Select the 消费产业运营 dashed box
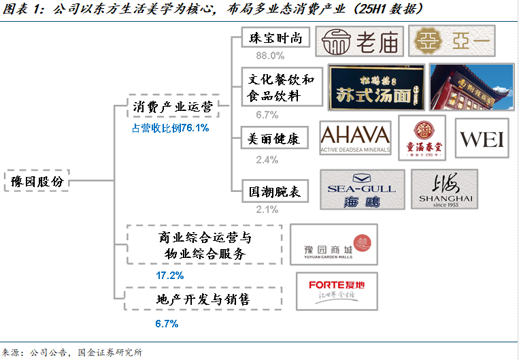pyautogui.click(x=173, y=108)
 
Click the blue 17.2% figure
pyautogui.click(x=170, y=276)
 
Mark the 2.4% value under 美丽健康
pyautogui.click(x=267, y=159)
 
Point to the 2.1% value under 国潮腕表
pyautogui.click(x=267, y=210)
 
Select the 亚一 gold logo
pyautogui.click(x=452, y=42)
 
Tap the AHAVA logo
pyautogui.click(x=355, y=140)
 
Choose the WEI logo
pyautogui.click(x=482, y=139)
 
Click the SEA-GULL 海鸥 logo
pyautogui.click(x=362, y=190)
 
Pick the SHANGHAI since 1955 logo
pyautogui.click(x=445, y=190)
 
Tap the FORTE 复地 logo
pyautogui.click(x=336, y=292)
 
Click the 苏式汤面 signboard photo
pyautogui.click(x=377, y=86)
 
